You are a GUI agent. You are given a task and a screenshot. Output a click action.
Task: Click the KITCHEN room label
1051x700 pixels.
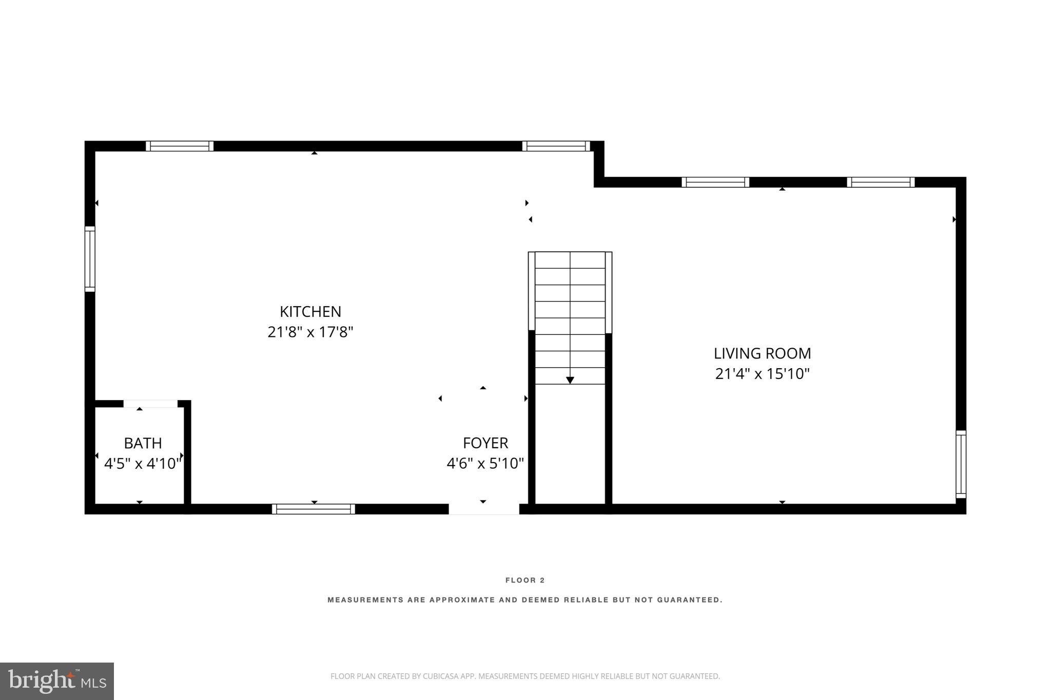(310, 312)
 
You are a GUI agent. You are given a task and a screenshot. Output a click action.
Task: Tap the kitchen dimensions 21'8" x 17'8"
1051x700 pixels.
(310, 332)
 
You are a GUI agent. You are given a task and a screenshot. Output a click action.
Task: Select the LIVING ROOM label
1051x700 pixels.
(762, 353)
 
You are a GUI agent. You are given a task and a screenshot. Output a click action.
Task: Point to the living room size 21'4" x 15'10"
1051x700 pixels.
(762, 374)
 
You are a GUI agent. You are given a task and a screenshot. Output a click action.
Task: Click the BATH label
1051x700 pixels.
(143, 443)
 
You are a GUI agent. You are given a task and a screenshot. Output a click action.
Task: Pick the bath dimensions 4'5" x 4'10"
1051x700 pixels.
(143, 464)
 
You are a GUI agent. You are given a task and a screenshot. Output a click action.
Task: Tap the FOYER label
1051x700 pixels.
(485, 443)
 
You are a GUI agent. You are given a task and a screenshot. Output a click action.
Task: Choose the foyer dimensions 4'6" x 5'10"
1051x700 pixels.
(485, 464)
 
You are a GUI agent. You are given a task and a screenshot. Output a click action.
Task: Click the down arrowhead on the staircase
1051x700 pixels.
(570, 380)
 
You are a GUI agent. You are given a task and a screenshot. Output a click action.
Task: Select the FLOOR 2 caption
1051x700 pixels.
(525, 581)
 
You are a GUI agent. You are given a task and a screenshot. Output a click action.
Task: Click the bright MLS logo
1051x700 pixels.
(57, 681)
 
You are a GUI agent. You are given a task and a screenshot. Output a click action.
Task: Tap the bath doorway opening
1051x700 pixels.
(150, 404)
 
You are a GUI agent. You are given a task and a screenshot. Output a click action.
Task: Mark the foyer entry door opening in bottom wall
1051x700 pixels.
(484, 509)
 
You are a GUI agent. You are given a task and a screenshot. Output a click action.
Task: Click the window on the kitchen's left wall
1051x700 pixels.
(90, 259)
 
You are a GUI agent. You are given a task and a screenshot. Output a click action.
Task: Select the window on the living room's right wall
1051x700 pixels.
(961, 464)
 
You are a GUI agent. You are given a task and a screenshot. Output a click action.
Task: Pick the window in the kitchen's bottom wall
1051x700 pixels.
(313, 509)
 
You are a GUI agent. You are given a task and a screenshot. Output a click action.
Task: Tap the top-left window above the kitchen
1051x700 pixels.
(180, 146)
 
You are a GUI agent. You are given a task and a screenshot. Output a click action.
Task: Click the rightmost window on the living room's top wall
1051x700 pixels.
(881, 182)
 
